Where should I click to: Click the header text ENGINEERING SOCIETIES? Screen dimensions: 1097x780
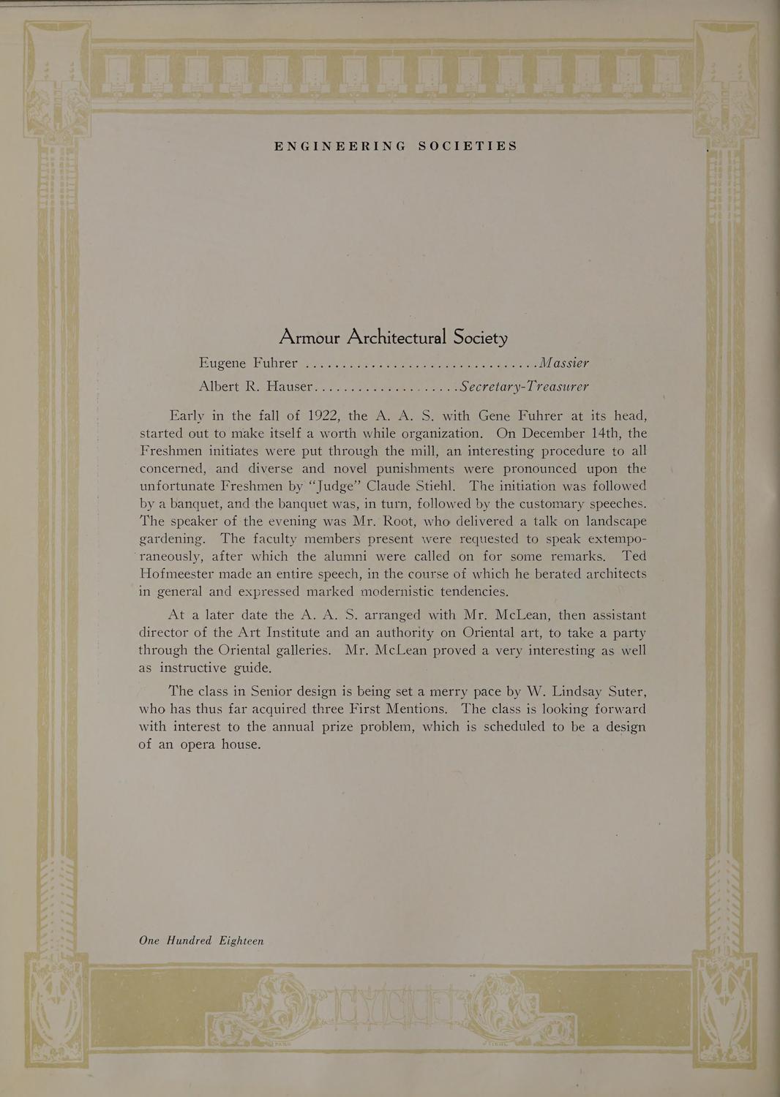396,146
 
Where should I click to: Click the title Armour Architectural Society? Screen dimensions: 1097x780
393,338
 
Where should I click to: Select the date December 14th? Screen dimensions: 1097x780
566,434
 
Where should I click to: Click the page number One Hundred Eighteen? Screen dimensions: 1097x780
201,940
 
